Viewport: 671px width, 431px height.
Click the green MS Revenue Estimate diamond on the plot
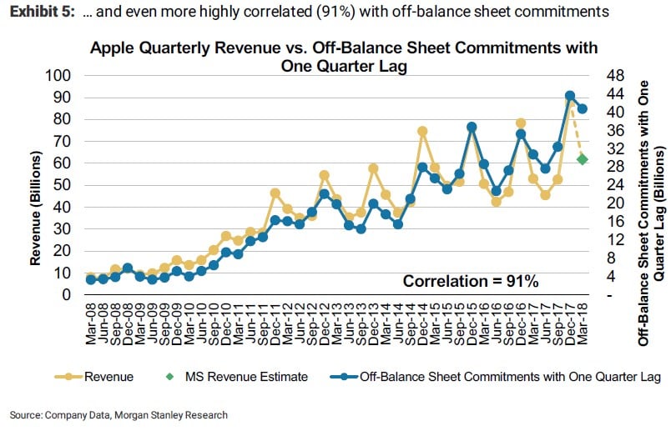click(x=582, y=159)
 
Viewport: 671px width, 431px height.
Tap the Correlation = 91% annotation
click(x=471, y=281)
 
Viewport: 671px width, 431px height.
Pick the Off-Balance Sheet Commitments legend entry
click(x=467, y=377)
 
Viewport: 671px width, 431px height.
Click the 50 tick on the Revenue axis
click(x=63, y=185)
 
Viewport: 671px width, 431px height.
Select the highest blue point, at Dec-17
click(x=570, y=96)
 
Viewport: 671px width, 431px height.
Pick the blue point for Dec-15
click(x=472, y=127)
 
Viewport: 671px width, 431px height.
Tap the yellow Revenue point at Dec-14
click(x=422, y=131)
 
